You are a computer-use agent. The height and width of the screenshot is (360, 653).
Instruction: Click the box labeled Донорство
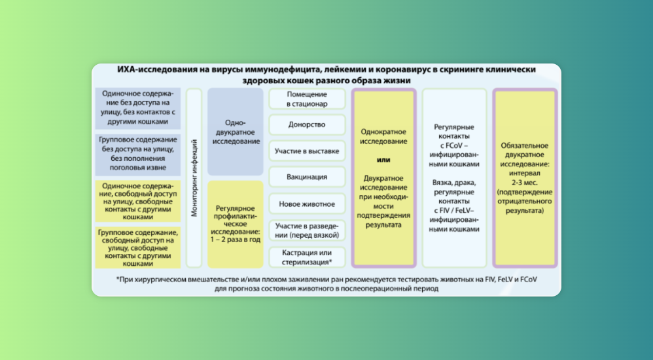pyautogui.click(x=307, y=124)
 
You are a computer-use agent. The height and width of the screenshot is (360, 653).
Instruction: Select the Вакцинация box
pyautogui.click(x=307, y=177)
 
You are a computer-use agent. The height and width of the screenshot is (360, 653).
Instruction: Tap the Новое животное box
pyautogui.click(x=307, y=204)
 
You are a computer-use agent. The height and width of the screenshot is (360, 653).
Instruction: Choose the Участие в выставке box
pyautogui.click(x=307, y=151)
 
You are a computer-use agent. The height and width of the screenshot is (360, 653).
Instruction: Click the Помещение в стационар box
pyautogui.click(x=307, y=99)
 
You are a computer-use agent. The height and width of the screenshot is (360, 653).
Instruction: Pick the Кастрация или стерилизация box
pyautogui.click(x=307, y=257)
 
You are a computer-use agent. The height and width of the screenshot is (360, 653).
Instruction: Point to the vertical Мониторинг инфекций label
pyautogui.click(x=194, y=178)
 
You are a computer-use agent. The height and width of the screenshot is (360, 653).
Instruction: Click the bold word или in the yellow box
pyautogui.click(x=383, y=160)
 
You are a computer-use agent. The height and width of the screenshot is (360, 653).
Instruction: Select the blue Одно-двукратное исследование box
pyautogui.click(x=236, y=132)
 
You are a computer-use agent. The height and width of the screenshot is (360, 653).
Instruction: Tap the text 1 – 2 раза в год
pyautogui.click(x=236, y=240)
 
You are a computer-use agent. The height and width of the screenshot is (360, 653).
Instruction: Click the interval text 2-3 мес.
pyautogui.click(x=524, y=183)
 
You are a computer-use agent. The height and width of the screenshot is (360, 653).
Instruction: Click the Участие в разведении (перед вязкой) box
pyautogui.click(x=307, y=230)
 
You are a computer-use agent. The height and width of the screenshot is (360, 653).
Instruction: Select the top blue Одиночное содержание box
pyautogui.click(x=137, y=107)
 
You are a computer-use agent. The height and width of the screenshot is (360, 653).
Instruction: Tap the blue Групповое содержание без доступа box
pyautogui.click(x=137, y=154)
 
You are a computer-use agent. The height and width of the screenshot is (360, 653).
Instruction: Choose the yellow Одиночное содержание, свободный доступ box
pyautogui.click(x=137, y=201)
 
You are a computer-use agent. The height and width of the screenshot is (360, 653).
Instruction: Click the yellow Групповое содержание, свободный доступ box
pyautogui.click(x=137, y=247)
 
